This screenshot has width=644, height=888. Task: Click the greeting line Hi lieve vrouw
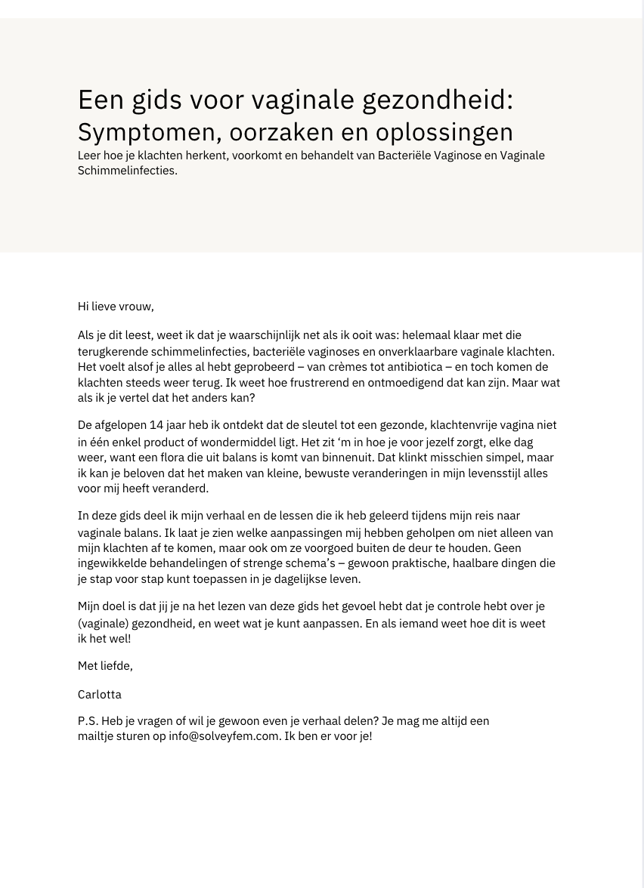[116, 307]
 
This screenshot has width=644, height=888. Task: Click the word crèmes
[321, 367]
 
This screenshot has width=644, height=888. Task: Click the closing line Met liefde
[105, 666]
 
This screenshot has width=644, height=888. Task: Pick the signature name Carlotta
[100, 695]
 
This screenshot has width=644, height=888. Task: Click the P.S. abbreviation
[88, 721]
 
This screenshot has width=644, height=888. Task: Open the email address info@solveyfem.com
[224, 736]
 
